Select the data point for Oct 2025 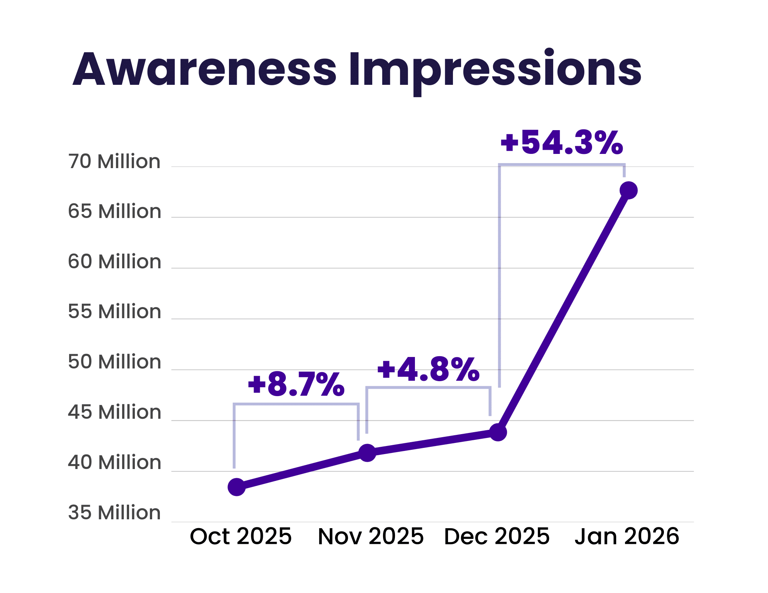coord(237,487)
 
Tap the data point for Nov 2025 coord(367,453)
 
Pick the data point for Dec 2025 coord(498,433)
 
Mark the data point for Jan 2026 coord(629,190)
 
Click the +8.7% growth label coord(296,384)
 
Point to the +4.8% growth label coord(428,370)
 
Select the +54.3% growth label coord(561,143)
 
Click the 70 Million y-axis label coord(114,162)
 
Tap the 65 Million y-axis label coord(114,211)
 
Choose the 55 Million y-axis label coord(114,312)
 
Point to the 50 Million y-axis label coord(114,362)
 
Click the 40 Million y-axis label coord(114,463)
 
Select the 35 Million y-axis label coord(114,513)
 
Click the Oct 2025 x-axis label coord(241,537)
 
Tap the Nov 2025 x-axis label coord(371,537)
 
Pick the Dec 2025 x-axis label coord(497,537)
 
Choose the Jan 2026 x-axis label coord(627,537)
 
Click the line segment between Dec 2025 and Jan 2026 coord(563,312)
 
